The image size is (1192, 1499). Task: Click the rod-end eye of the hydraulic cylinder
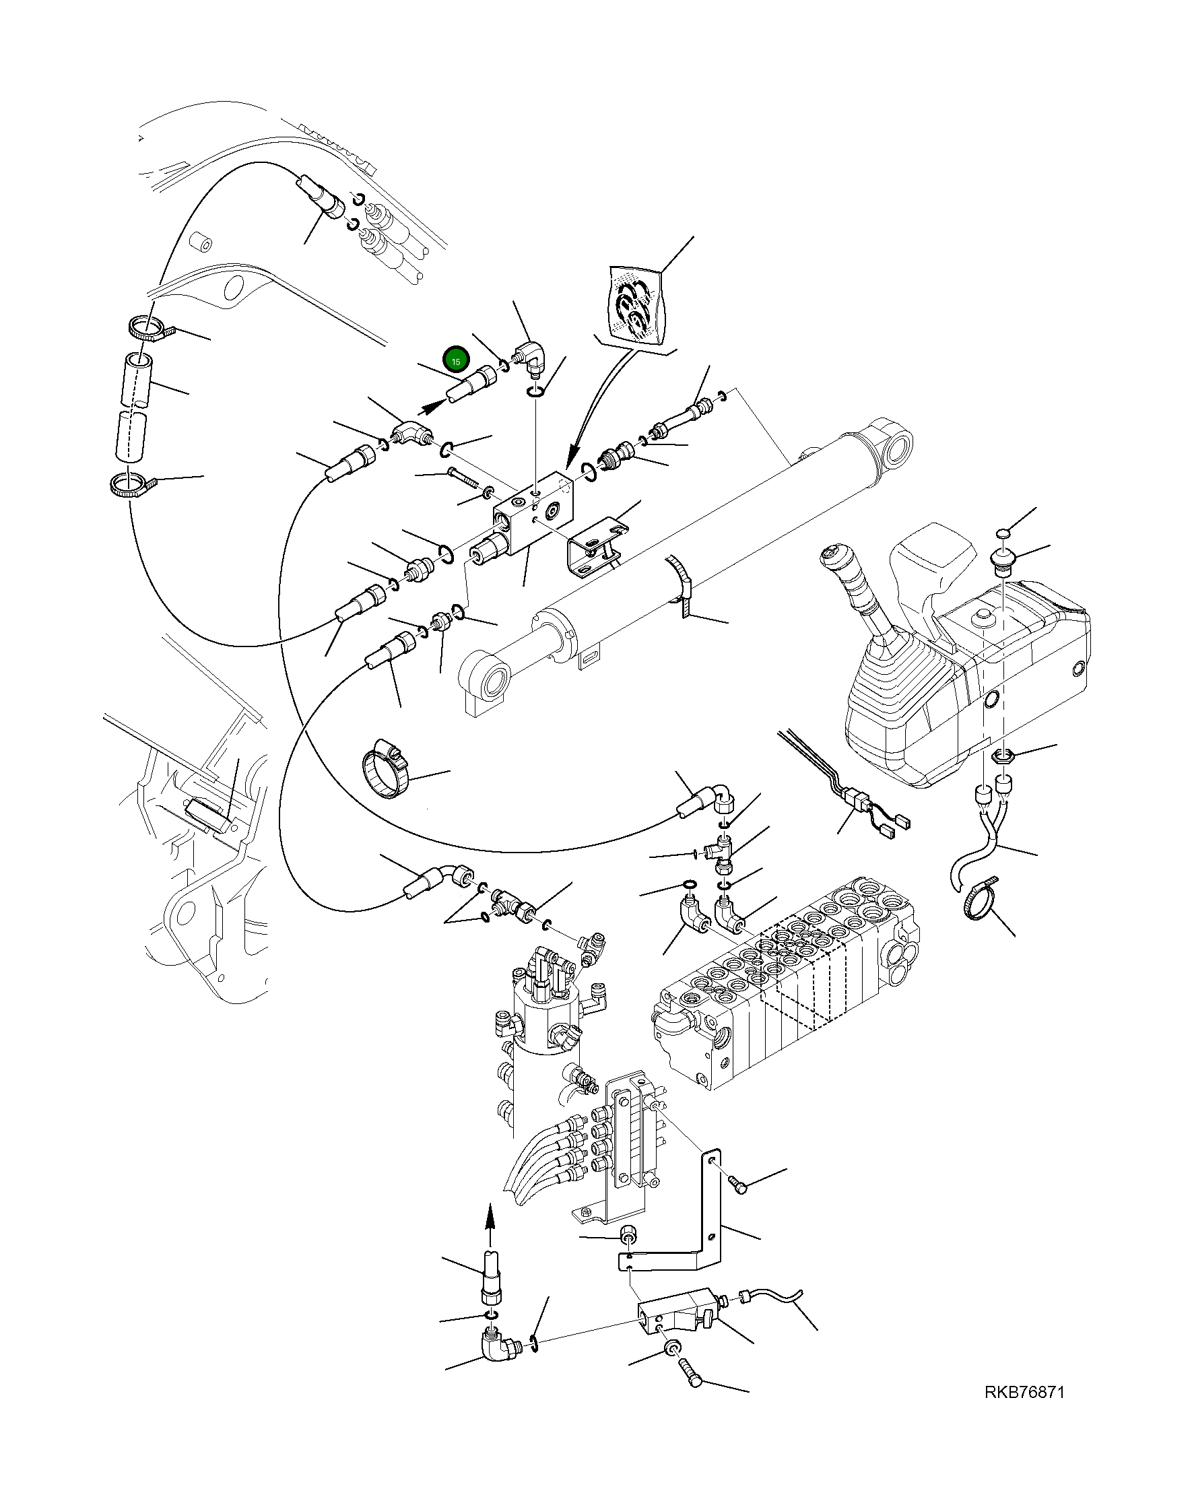492,678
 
